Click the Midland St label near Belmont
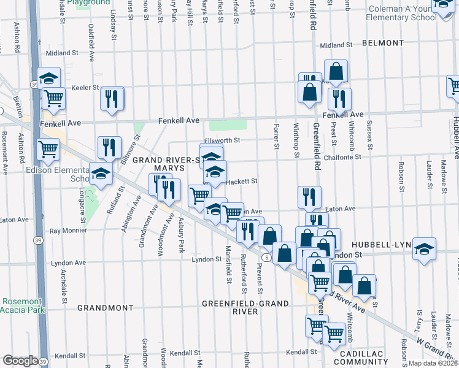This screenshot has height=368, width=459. coord(336,45)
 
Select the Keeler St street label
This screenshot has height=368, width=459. coord(85,88)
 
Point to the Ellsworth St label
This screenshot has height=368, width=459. coord(222,140)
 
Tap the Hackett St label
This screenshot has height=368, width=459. coord(241,181)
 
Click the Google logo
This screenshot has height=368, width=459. coord(20,360)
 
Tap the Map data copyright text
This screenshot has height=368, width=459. coord(432,363)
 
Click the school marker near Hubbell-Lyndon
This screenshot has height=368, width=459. coord(423,249)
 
